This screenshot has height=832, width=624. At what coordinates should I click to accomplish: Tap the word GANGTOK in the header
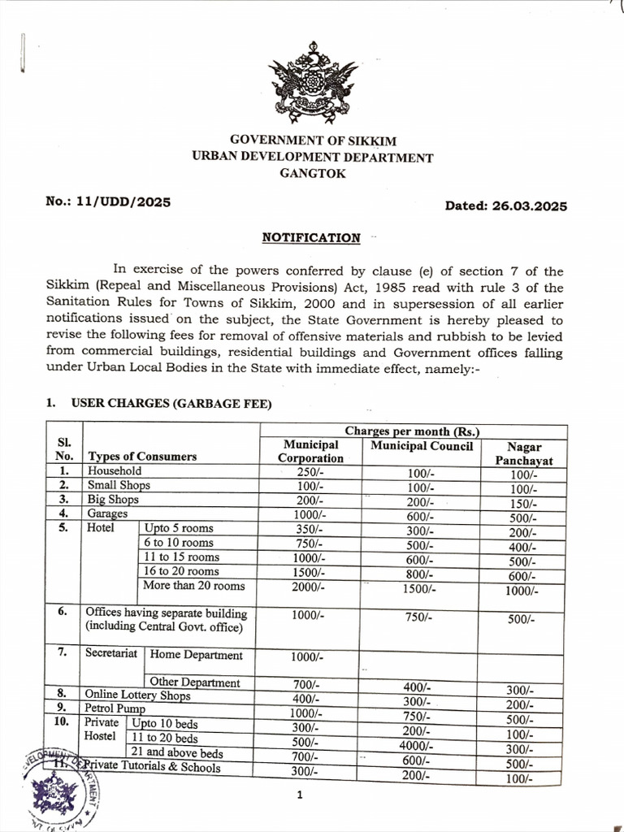pos(312,174)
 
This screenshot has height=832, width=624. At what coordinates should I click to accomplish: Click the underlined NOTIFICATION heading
pos(311,238)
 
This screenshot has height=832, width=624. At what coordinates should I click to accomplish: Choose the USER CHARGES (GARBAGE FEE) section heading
pos(171,403)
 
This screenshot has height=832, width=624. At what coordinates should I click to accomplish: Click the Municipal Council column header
pos(421,446)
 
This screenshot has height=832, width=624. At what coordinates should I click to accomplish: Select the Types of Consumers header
pos(142,457)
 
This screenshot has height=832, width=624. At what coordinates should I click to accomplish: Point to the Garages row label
pos(107,514)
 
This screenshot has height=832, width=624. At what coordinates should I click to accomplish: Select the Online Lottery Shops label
pos(137,695)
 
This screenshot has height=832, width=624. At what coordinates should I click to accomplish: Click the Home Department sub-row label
pos(197,655)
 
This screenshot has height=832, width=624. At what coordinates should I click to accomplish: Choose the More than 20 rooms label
pos(193,586)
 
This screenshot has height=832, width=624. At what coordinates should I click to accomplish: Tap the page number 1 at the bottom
pos(300,795)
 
